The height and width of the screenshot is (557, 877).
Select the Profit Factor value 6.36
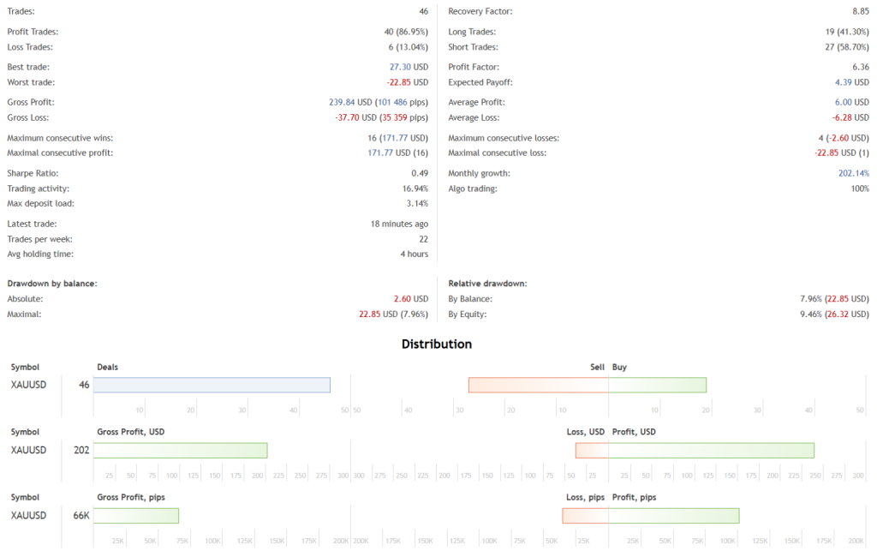859,67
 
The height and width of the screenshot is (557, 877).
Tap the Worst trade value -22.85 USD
408,82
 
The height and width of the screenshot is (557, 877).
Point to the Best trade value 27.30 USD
409,67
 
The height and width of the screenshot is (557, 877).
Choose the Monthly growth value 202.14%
854,173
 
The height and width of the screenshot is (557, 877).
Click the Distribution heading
437,344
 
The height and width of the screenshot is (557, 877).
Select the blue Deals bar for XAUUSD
212,385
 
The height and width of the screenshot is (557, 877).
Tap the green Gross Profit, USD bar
180,450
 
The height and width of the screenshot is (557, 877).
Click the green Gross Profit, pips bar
135,515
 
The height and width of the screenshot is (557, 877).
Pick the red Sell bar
538,385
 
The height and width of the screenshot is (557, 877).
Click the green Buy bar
657,385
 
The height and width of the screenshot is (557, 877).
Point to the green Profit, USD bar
711,450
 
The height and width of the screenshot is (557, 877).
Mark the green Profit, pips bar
673,515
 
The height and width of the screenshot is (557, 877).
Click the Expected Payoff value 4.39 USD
852,82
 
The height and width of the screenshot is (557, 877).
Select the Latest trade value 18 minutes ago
399,224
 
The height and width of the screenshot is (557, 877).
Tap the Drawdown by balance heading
51,283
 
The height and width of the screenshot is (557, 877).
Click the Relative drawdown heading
487,283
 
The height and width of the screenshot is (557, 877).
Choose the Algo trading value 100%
860,189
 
